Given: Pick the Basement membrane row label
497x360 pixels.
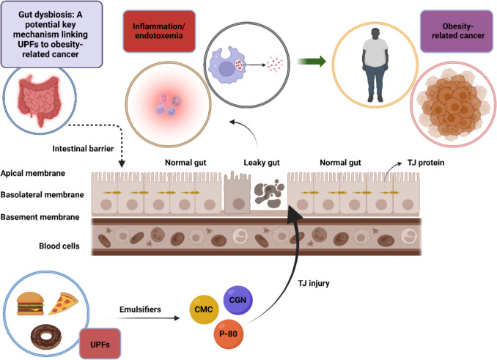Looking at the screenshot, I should [40, 217].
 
